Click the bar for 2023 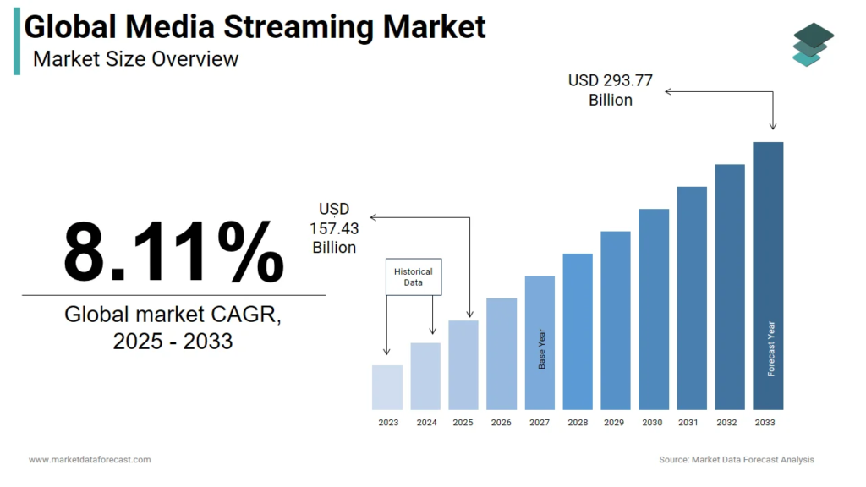pyautogui.click(x=387, y=387)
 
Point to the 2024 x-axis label pyautogui.click(x=426, y=422)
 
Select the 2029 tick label pyautogui.click(x=616, y=422)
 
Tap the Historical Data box pyautogui.click(x=414, y=276)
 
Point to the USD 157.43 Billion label pyautogui.click(x=334, y=228)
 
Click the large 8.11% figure pyautogui.click(x=173, y=251)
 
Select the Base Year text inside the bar pyautogui.click(x=542, y=348)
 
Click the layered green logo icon pyautogui.click(x=813, y=44)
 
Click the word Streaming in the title pyautogui.click(x=299, y=27)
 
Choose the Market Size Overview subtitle pyautogui.click(x=136, y=59)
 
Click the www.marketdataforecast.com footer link pyautogui.click(x=90, y=460)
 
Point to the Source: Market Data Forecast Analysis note pyautogui.click(x=737, y=460)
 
